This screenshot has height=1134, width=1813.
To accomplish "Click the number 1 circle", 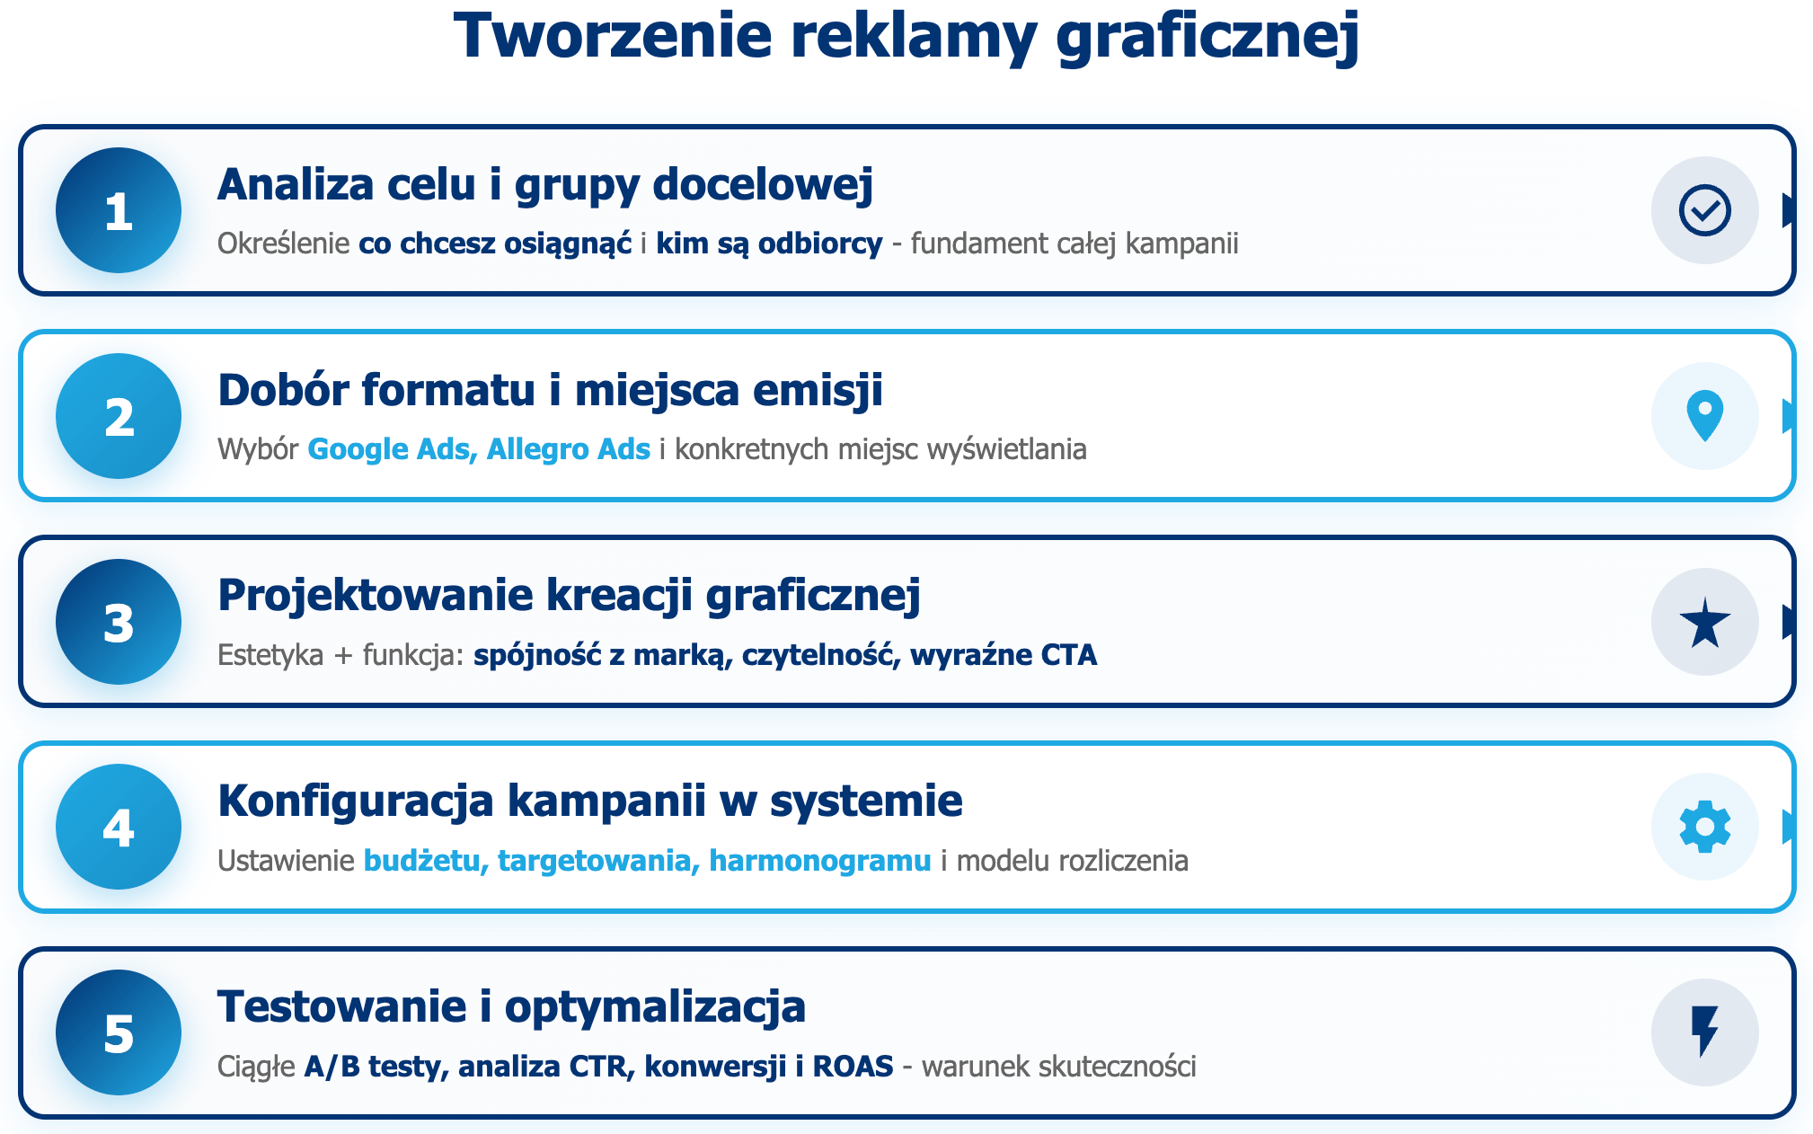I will [119, 210].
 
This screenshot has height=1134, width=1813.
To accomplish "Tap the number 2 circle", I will [119, 416].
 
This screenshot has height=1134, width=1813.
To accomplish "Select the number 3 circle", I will [119, 622].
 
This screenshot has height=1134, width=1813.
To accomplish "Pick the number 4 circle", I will [119, 827].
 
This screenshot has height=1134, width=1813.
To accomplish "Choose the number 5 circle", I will [119, 1032].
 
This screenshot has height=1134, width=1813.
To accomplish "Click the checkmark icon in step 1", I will [1704, 210].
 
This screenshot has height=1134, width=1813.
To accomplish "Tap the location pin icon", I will [1704, 416].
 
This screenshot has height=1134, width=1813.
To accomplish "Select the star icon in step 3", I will [1704, 622].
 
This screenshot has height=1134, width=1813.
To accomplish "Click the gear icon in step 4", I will [1704, 827].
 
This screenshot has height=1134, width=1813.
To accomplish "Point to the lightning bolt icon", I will [1704, 1032].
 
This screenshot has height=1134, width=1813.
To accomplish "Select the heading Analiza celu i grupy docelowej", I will [545, 185].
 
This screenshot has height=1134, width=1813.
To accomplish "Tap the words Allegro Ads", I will [568, 449].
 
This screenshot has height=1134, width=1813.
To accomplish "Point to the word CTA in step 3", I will [1069, 655].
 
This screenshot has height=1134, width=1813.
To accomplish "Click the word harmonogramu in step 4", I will [819, 861].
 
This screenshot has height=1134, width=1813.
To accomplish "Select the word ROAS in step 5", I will [853, 1067].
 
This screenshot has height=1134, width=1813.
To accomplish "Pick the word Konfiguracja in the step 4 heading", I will [356, 801].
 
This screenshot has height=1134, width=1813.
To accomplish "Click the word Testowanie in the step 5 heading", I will [341, 1006].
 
